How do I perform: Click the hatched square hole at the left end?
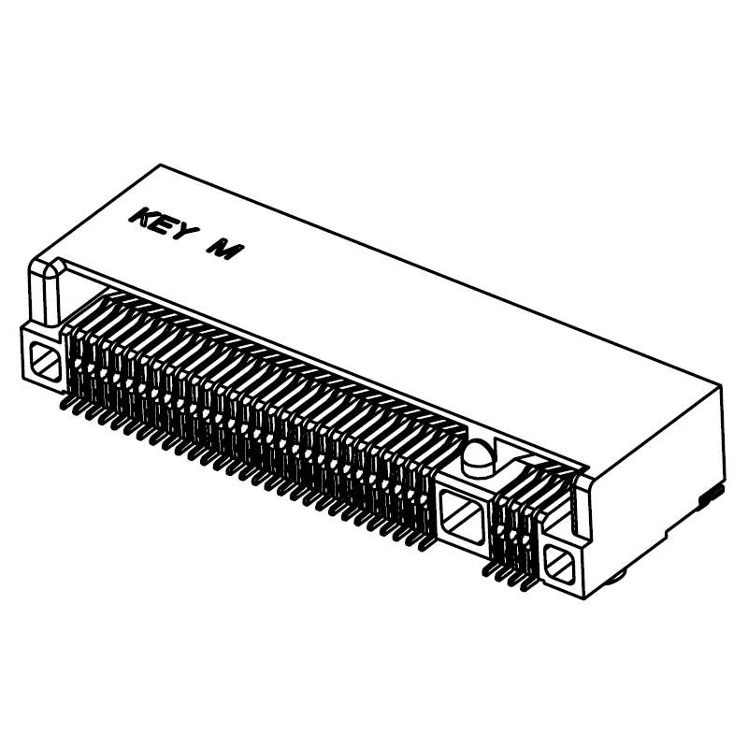[x=42, y=359]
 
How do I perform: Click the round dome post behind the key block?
[x=474, y=457]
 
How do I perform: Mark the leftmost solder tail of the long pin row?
[x=65, y=405]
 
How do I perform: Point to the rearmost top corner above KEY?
[x=160, y=165]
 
